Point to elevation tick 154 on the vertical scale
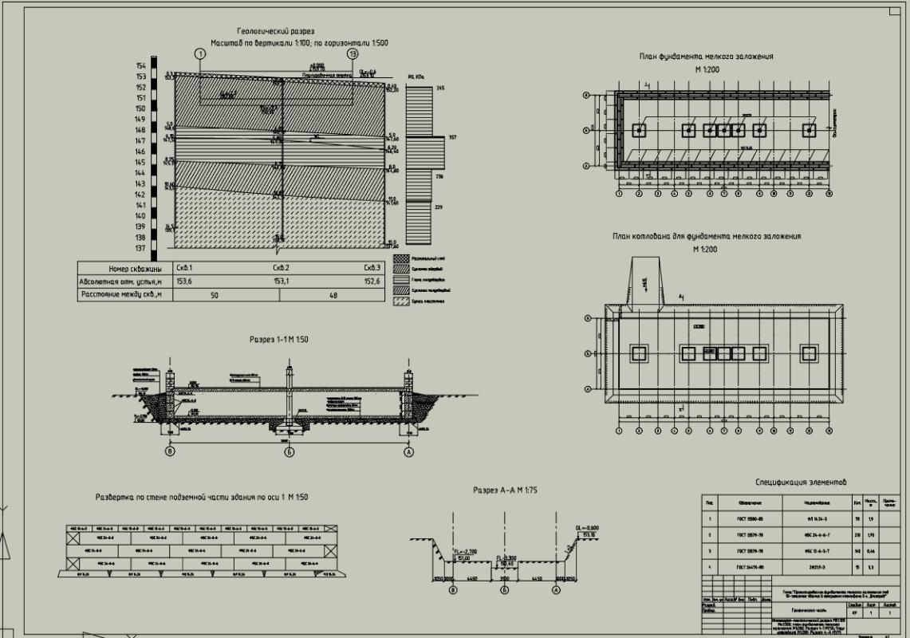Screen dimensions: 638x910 click(140, 65)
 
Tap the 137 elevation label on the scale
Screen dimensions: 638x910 click(140, 249)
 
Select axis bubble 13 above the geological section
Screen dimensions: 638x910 click(353, 54)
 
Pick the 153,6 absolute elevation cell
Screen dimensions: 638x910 click(184, 281)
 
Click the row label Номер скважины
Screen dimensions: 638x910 click(124, 269)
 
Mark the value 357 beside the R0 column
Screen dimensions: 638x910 click(452, 138)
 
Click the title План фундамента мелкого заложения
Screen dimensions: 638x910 click(706, 57)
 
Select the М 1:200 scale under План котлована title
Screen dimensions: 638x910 click(706, 250)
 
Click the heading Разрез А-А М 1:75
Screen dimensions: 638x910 click(505, 490)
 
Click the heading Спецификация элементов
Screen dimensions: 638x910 click(801, 482)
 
